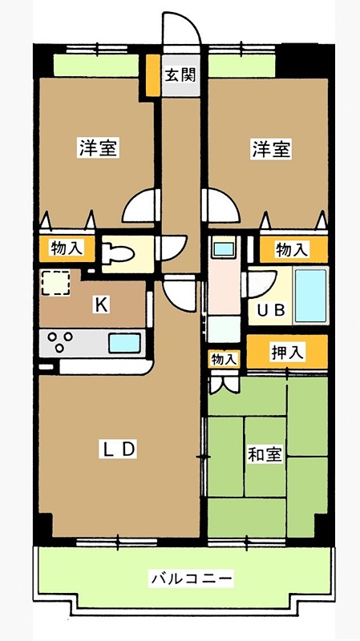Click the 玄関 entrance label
tap(180, 77)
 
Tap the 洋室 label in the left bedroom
tap(99, 149)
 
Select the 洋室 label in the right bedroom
tap(271, 149)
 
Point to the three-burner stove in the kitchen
tap(61, 344)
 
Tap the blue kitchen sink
tap(124, 344)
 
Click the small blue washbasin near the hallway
tap(222, 248)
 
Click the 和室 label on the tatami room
tap(265, 455)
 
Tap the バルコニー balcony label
tap(192, 578)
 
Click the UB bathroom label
tap(270, 311)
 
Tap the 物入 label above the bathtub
tap(292, 250)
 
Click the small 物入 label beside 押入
tap(224, 359)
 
